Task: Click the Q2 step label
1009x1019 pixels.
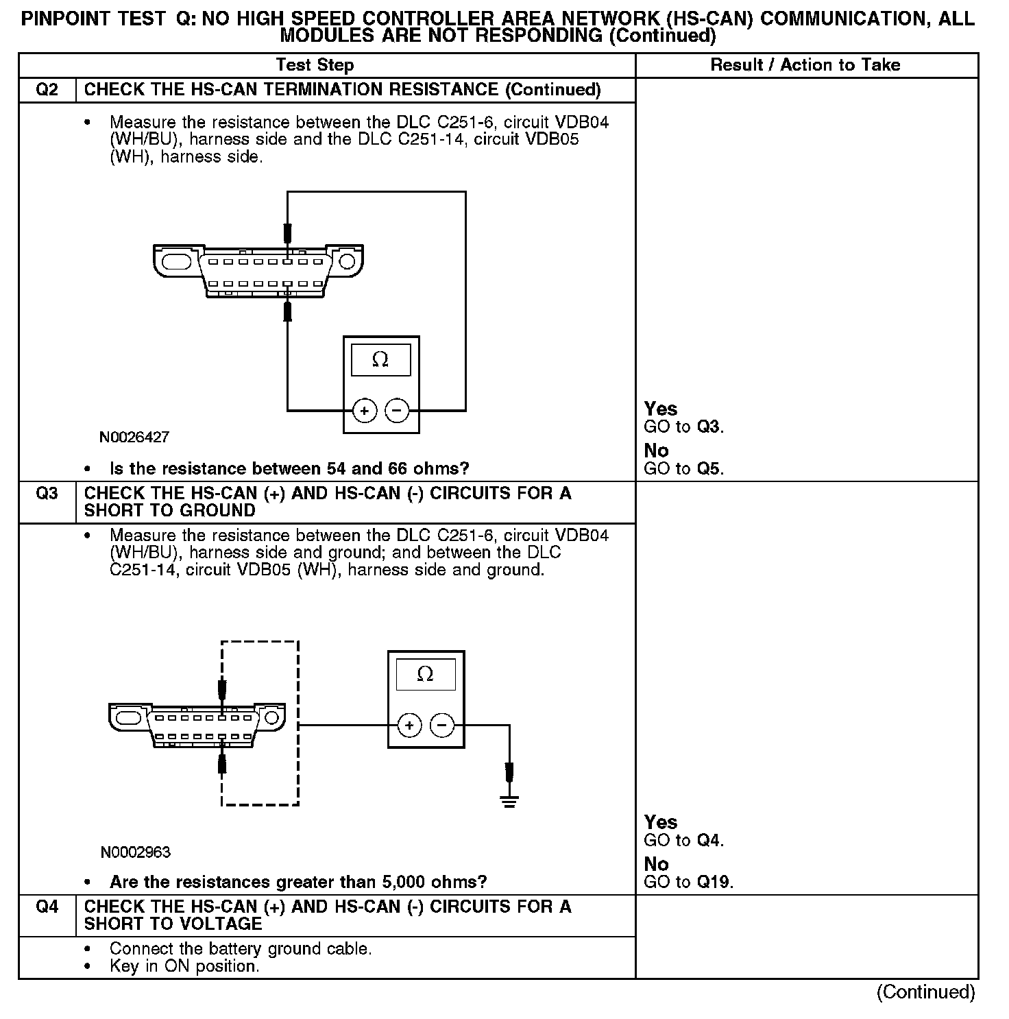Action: pos(47,90)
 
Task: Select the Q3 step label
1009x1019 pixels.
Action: pos(47,494)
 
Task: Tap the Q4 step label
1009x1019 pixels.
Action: pos(47,907)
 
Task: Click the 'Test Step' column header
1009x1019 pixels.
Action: pos(315,65)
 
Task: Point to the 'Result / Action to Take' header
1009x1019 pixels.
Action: pos(805,65)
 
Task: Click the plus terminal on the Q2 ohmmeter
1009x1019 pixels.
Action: pos(365,411)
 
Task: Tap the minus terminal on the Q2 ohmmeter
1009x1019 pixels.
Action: pos(398,411)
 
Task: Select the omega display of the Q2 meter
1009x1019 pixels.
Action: pos(380,360)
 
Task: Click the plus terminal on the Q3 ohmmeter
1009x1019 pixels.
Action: pos(409,725)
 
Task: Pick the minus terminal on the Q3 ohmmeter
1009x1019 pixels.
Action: pos(442,725)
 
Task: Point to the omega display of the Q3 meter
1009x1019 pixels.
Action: pos(426,675)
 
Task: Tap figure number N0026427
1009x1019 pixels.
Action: pos(134,437)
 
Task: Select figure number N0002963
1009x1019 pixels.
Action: pos(135,852)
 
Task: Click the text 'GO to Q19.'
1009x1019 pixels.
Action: pos(688,882)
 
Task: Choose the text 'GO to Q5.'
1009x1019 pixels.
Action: pos(683,469)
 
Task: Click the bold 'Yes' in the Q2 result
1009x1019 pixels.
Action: pos(661,409)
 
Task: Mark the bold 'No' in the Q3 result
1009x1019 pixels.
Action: pos(656,864)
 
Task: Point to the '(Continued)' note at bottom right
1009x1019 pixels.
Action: pos(925,992)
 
